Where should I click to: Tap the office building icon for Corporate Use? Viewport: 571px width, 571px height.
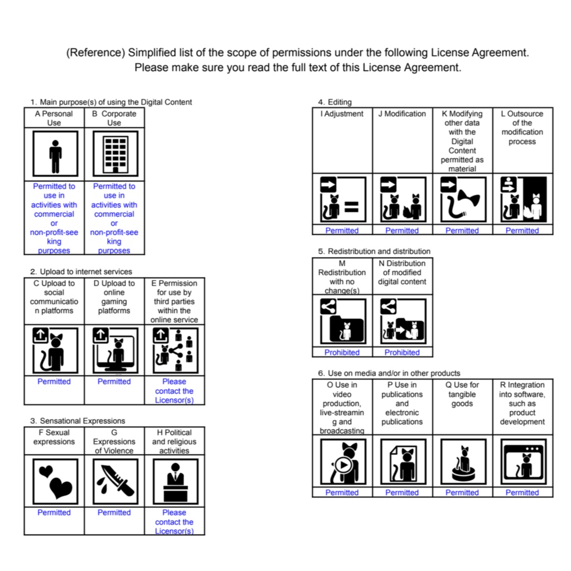coord(115,154)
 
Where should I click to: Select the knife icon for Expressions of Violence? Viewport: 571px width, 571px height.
coord(115,481)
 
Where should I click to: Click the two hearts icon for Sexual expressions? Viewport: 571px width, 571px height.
coord(55,481)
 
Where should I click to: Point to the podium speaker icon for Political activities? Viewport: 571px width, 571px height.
coord(176,481)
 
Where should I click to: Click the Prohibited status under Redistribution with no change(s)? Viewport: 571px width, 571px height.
coord(342,352)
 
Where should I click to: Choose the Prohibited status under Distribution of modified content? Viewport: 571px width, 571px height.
coord(402,352)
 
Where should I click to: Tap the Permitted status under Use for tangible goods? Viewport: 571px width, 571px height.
coord(462,492)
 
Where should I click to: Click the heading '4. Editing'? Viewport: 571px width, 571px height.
coord(335,102)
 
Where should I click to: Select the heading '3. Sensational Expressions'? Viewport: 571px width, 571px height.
coord(78,420)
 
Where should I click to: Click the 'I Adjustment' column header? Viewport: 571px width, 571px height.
coord(342,114)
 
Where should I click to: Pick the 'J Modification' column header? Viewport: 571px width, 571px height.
coord(402,114)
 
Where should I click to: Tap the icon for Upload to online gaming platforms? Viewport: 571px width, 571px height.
coord(115,350)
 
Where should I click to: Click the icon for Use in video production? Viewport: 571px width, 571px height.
coord(343,461)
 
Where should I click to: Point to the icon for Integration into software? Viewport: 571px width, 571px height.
coord(524,461)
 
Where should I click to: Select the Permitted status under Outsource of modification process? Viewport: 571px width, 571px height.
coord(522,230)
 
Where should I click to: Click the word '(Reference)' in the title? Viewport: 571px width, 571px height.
coord(96,53)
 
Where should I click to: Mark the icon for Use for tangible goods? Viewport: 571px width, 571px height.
coord(463,461)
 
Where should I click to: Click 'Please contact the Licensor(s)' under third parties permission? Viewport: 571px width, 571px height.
coord(174,391)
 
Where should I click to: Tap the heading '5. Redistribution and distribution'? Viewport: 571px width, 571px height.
coord(374,251)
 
